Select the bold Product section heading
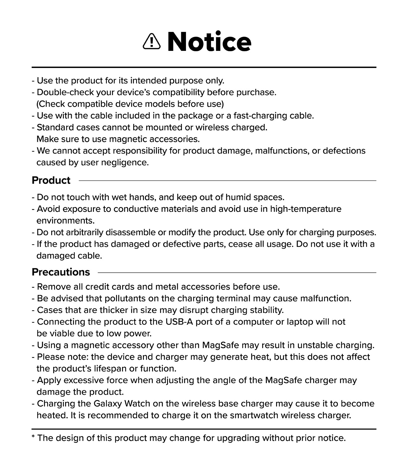(x=51, y=180)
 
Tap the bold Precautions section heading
(x=61, y=272)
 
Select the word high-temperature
(x=306, y=209)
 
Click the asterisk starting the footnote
(x=33, y=437)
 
